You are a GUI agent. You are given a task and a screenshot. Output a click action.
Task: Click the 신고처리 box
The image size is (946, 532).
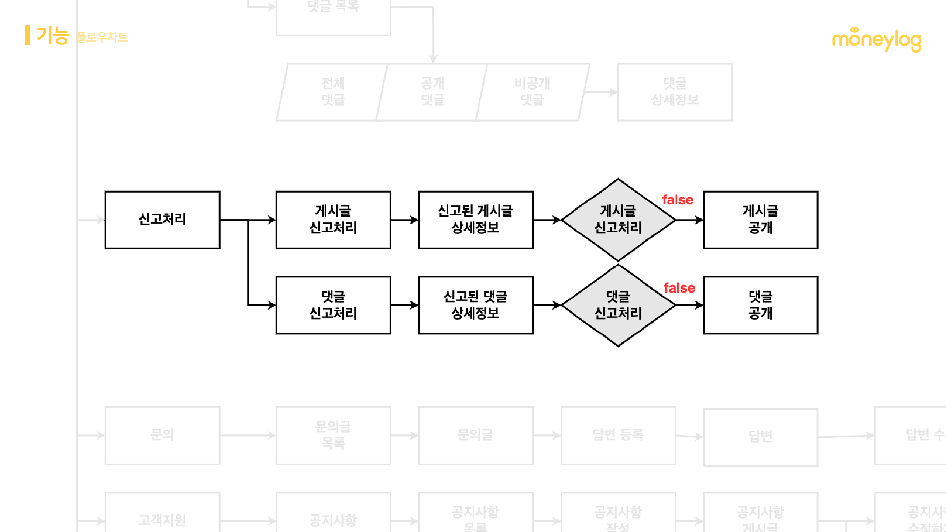[x=162, y=220]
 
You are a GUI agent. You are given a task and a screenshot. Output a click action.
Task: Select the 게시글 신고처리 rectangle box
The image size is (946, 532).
[x=333, y=220]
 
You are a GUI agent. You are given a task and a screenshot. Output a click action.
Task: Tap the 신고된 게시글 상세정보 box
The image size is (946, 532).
[x=475, y=220]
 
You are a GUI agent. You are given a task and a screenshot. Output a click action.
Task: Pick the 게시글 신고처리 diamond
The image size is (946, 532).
[x=618, y=220]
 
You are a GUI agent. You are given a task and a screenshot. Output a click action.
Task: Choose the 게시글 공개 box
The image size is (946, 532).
[x=760, y=220]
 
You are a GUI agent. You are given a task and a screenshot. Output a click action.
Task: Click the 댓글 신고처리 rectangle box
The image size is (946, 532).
[x=333, y=305]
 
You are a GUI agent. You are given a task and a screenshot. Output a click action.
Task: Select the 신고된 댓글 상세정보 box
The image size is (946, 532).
[x=475, y=305]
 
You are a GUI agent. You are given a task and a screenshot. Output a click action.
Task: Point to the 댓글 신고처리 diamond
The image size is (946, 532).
[x=618, y=305]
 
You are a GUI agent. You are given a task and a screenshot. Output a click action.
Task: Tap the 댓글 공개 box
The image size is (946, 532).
[x=760, y=305]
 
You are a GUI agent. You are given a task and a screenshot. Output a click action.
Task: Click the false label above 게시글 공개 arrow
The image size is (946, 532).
[x=677, y=200]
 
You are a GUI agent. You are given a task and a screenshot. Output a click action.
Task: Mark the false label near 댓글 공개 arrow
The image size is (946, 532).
[x=679, y=288]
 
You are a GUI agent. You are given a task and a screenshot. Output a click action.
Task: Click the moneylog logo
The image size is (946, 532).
[x=877, y=40]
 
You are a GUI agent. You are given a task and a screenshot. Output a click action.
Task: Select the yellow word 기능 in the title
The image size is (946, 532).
[x=53, y=36]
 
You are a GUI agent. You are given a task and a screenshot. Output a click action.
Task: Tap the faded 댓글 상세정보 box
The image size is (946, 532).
[x=675, y=92]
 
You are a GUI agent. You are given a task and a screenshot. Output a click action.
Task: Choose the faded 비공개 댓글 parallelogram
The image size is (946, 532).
[x=533, y=92]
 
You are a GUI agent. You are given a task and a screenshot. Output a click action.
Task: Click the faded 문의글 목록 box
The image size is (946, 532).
[x=333, y=435]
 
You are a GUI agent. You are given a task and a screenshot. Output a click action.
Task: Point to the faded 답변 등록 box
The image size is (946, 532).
[x=618, y=435]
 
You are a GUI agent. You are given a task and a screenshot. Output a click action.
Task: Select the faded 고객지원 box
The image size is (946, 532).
[x=162, y=520]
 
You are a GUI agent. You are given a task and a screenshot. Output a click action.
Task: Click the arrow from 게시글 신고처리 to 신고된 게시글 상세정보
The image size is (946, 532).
[x=405, y=220]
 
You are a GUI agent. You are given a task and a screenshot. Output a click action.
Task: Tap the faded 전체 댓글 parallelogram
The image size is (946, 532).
[x=332, y=92]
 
